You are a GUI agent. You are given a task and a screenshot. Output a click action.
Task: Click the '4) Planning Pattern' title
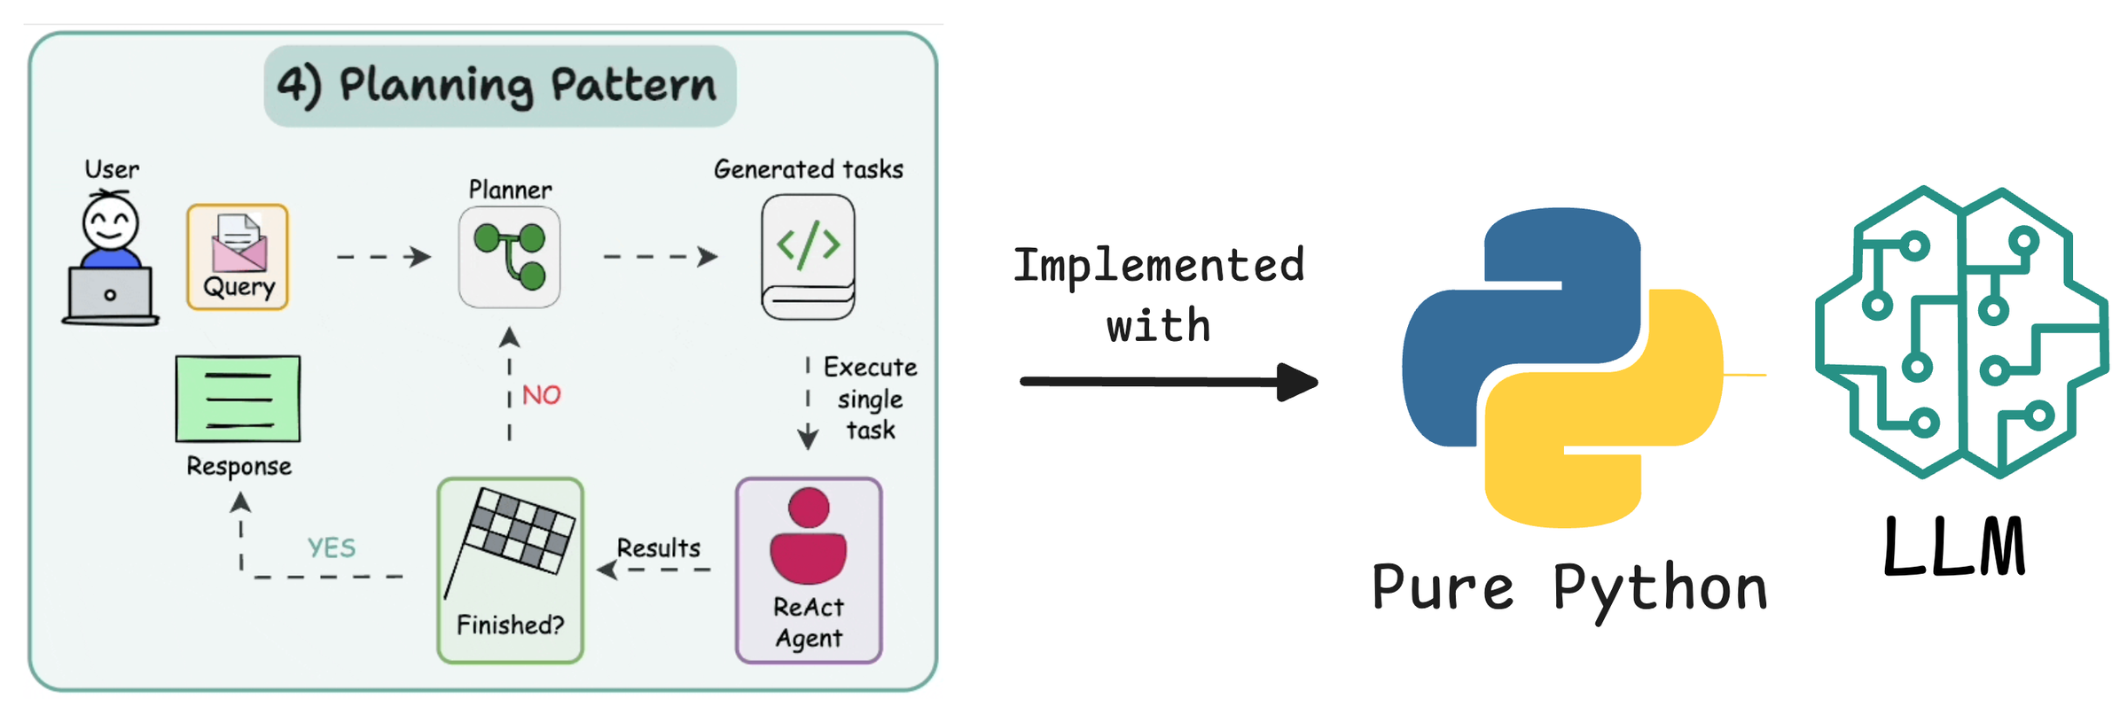tap(499, 86)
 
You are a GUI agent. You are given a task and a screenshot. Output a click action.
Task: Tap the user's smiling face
tap(111, 222)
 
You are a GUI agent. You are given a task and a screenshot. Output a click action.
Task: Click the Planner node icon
tap(510, 257)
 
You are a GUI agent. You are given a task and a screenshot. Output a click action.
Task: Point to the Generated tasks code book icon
tap(808, 257)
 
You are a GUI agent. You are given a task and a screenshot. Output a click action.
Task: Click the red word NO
tap(541, 395)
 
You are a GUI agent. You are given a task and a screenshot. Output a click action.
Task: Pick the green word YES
tap(332, 548)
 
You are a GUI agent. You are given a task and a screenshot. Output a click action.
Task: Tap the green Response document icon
tap(238, 400)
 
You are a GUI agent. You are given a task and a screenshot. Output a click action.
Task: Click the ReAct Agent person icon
tap(808, 537)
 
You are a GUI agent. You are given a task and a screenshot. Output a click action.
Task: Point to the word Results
tap(658, 548)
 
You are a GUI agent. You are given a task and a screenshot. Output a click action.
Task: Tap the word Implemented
tap(1159, 266)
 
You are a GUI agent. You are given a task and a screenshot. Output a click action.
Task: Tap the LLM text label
tap(1954, 547)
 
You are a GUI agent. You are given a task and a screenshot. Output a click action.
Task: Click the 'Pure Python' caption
tap(1569, 589)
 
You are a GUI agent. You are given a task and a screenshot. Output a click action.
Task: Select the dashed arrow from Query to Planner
tap(383, 257)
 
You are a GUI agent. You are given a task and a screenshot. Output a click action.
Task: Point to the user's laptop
tap(110, 296)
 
